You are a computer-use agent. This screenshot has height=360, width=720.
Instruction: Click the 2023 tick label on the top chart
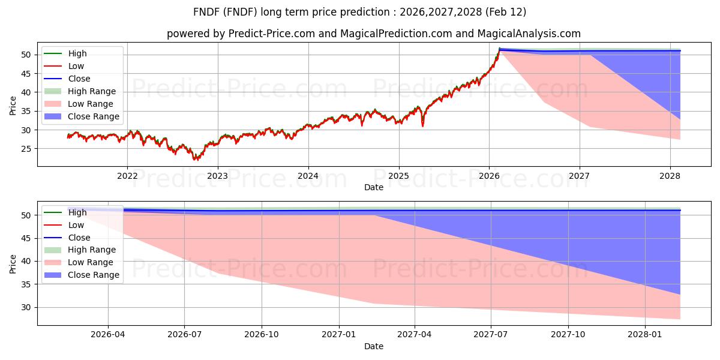pos(217,176)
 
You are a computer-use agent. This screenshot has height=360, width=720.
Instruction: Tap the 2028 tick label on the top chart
pos(670,176)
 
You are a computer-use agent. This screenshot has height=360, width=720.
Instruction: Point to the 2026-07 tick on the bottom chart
pos(185,335)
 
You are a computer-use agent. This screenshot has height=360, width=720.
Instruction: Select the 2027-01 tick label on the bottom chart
pos(339,335)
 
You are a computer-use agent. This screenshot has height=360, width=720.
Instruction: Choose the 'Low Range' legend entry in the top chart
pos(90,104)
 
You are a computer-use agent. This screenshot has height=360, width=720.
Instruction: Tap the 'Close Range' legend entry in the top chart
pos(93,116)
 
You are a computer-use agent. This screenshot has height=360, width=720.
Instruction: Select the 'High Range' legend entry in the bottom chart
pos(91,250)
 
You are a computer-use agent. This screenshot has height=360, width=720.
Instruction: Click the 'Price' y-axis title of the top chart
pos(13,106)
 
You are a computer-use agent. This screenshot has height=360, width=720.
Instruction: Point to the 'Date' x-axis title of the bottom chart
pos(373,346)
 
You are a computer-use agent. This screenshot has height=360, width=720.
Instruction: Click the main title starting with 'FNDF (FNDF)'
pos(360,12)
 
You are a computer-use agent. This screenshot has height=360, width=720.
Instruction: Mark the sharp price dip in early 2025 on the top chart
pos(422,125)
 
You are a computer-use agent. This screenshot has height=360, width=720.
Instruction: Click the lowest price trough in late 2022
pos(195,159)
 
